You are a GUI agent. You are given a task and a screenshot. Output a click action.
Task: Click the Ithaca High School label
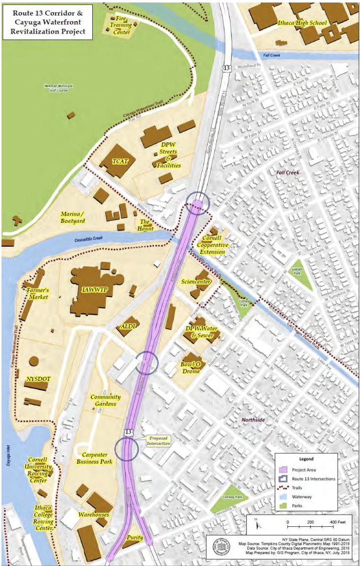[x=302, y=23]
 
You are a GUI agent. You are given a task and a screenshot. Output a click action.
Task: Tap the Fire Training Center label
[x=120, y=25]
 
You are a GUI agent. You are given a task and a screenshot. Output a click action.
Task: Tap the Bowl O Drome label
[x=191, y=367]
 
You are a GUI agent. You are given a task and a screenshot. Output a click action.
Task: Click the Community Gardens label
[x=105, y=400]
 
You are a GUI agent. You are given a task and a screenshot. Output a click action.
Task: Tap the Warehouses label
[x=93, y=514]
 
